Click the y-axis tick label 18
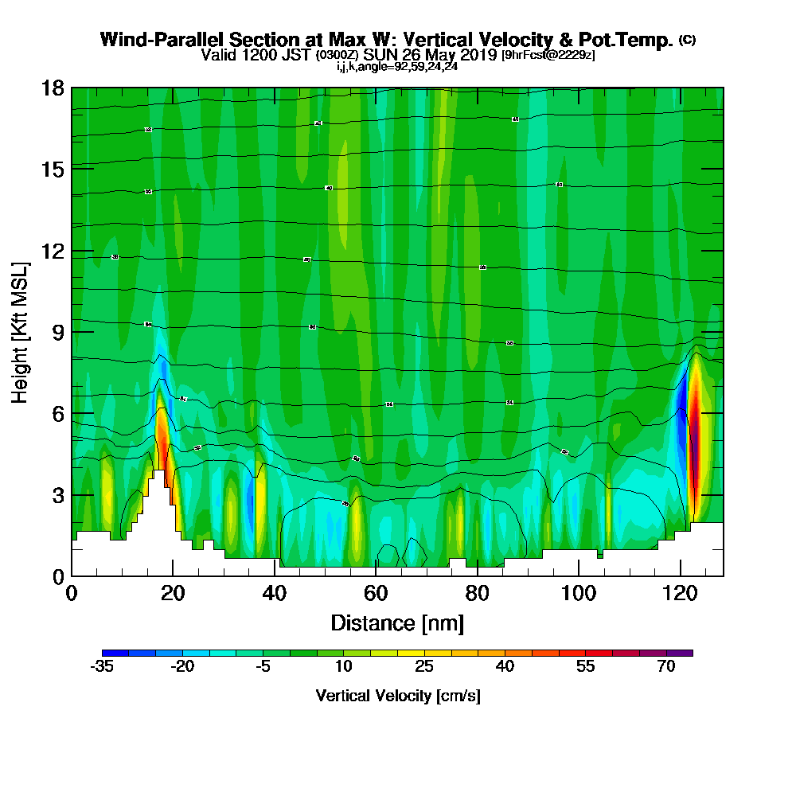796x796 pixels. pyautogui.click(x=53, y=88)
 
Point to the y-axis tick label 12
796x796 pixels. pyautogui.click(x=53, y=251)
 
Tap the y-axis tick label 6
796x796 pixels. pyautogui.click(x=57, y=413)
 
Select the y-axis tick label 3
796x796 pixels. pyautogui.click(x=57, y=494)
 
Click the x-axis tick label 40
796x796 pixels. pyautogui.click(x=274, y=594)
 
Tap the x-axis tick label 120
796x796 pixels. pyautogui.click(x=681, y=594)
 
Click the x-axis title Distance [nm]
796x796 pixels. pyautogui.click(x=397, y=622)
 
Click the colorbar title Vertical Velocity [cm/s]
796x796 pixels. pyautogui.click(x=397, y=696)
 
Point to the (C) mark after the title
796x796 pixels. pyautogui.click(x=687, y=40)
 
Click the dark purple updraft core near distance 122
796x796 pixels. pyautogui.click(x=693, y=446)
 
